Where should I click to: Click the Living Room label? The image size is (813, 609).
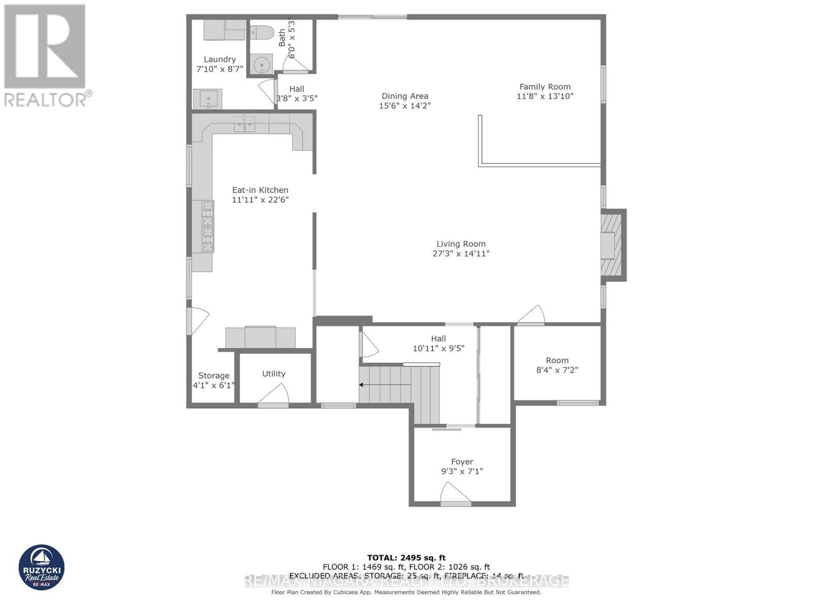point(461,244)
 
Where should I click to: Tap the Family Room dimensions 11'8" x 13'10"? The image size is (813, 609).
point(545,96)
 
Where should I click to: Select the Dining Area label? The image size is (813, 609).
point(405,96)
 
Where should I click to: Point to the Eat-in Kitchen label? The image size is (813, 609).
point(260,190)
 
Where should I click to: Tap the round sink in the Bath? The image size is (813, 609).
point(262,65)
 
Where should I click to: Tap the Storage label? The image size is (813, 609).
point(213,376)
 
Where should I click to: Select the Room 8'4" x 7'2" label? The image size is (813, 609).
point(557,360)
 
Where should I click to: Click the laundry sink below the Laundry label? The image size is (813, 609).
point(208,98)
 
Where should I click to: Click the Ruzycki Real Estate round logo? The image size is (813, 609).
point(42,567)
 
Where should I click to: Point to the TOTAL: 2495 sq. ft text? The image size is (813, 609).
point(406,558)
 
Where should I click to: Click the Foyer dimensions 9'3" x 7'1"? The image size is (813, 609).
point(462,471)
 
